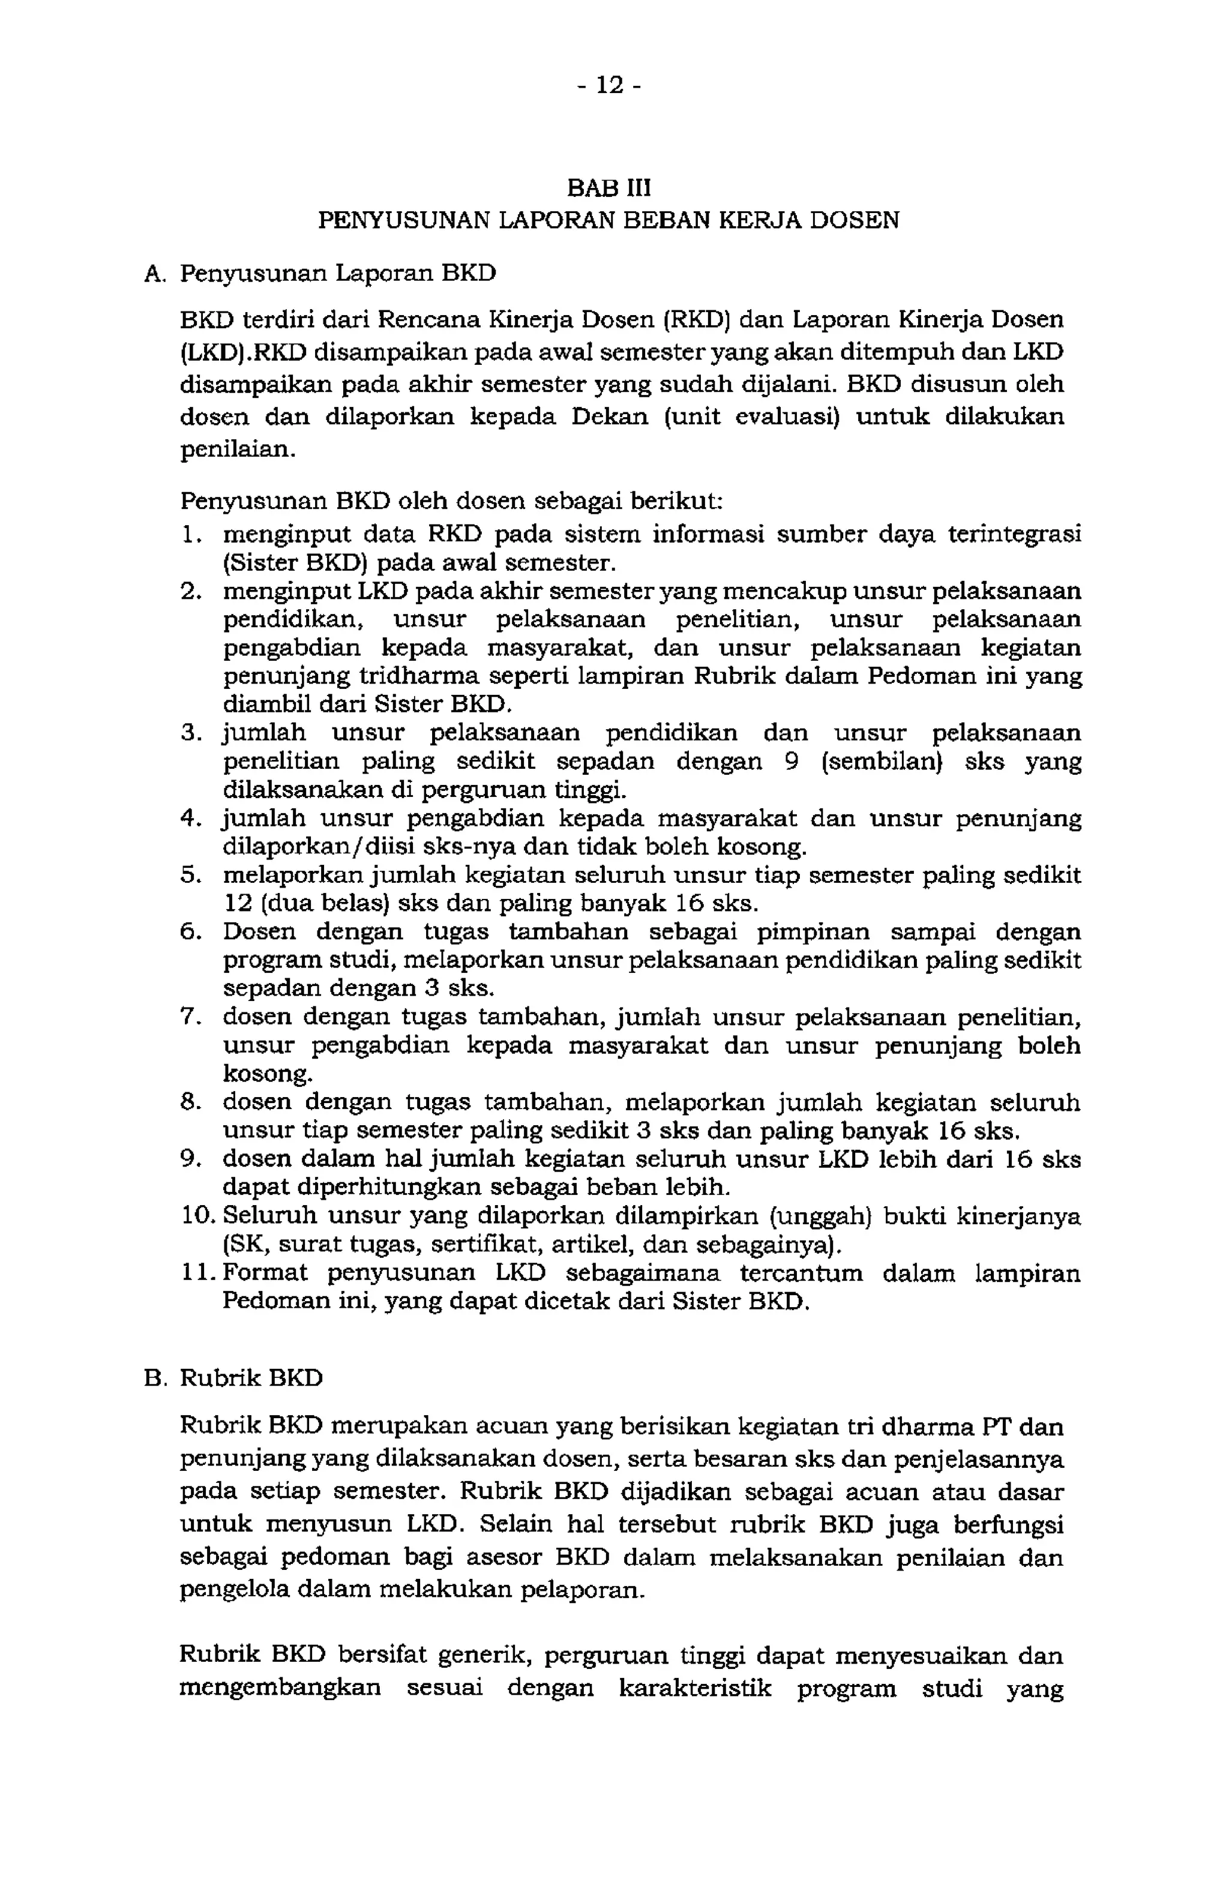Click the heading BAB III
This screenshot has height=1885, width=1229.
click(x=608, y=188)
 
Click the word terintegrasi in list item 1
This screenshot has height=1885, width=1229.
click(x=1014, y=535)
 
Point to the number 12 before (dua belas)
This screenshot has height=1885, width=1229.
click(x=237, y=904)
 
